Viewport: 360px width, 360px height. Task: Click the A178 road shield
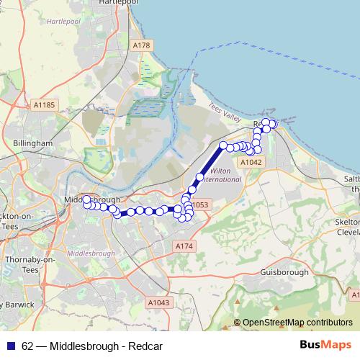pos(143,45)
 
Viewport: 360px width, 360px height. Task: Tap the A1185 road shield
pos(44,105)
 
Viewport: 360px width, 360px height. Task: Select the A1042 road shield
pos(251,163)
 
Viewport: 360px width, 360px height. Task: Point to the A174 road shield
pos(185,246)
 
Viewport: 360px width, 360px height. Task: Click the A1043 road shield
pos(159,302)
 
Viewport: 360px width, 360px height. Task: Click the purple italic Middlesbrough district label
pos(91,254)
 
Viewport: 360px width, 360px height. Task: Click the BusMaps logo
pos(326,346)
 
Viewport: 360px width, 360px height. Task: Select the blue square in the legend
pos(11,346)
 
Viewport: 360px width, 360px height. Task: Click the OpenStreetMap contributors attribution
pos(297,323)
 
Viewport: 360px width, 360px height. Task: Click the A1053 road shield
pos(199,205)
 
